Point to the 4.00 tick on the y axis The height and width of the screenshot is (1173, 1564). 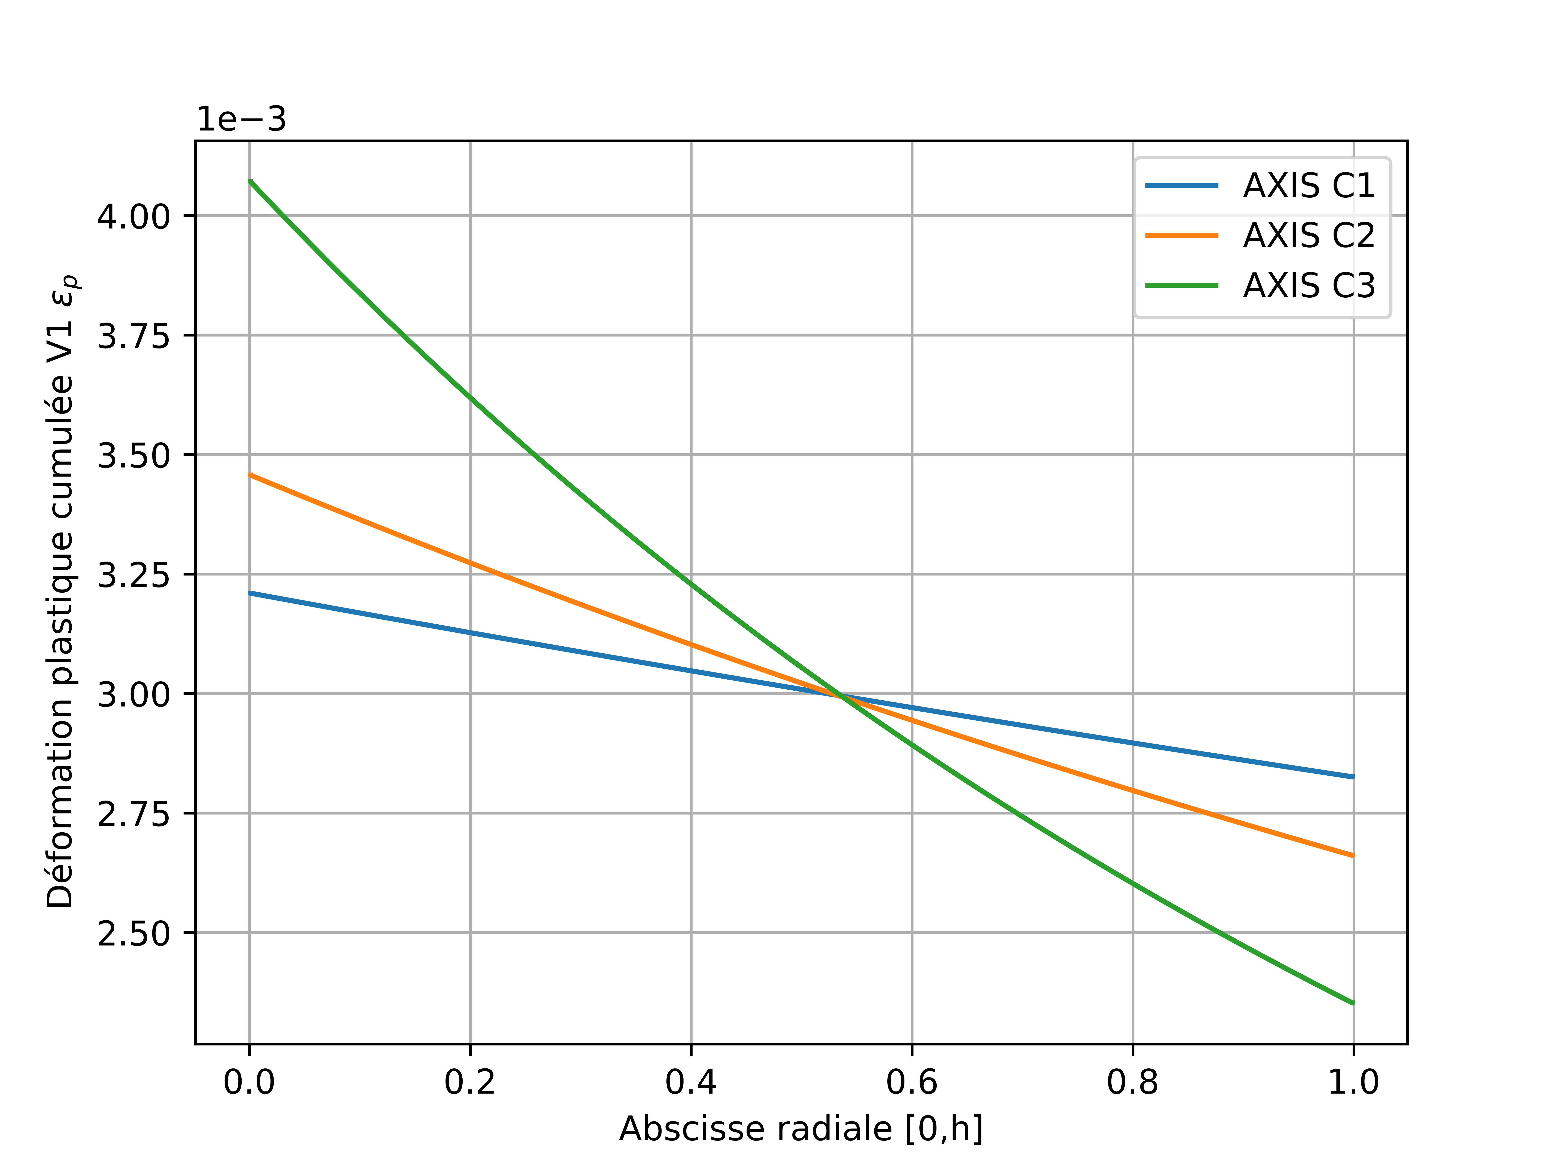pos(134,216)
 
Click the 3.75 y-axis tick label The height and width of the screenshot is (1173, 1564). pos(134,336)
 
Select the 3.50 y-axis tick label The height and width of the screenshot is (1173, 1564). pos(134,455)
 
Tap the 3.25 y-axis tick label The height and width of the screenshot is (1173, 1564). pos(134,575)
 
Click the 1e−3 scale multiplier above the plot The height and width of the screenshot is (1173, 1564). pos(241,119)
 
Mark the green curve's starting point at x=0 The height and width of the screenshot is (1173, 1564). pos(250,182)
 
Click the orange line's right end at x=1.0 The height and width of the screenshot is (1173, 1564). pos(1353,856)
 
